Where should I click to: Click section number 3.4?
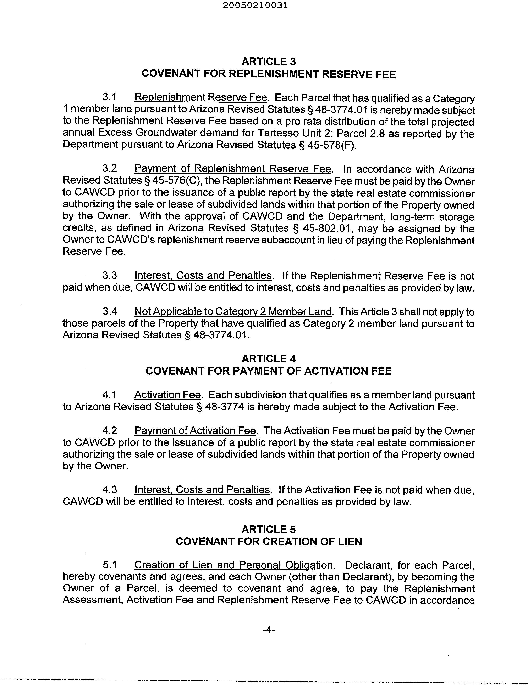point(110,311)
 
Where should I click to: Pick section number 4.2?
point(110,430)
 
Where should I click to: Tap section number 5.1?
point(110,565)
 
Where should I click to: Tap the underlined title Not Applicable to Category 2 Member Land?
point(233,311)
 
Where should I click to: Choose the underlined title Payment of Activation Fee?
point(195,430)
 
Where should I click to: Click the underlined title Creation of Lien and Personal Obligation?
point(233,565)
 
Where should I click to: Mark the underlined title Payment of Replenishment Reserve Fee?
point(233,169)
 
